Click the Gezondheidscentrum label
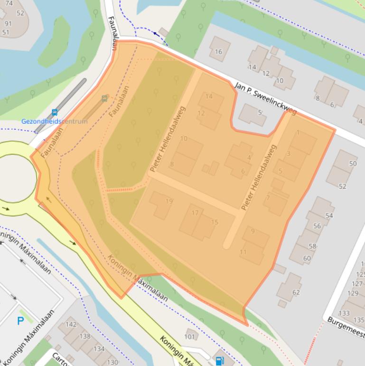pos(54,121)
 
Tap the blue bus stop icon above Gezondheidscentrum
pos(55,113)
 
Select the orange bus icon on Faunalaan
pos(104,99)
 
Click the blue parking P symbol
pos(20,321)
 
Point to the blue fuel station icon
pos(219,360)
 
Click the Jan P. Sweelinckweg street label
pos(265,98)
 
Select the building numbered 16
pos(219,50)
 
